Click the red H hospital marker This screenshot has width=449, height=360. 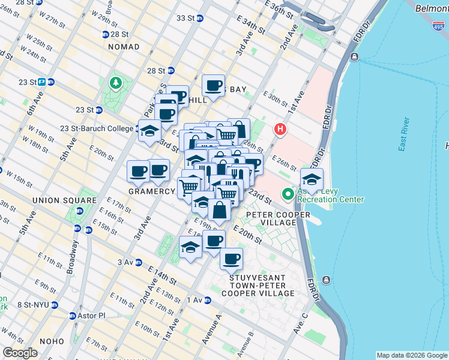coord(279,129)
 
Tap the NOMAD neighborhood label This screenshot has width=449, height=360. coord(123,47)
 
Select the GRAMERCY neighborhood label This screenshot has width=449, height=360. coord(151,191)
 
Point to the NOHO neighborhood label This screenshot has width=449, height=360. coord(56,341)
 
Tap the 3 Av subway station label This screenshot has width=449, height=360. coord(125,262)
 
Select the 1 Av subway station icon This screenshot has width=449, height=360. coord(208,299)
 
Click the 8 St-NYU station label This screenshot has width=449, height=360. coord(32,305)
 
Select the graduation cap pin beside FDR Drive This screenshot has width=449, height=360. coord(312,179)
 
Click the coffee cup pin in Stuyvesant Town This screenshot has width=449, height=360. coord(231,259)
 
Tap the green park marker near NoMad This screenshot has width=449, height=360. coord(113,82)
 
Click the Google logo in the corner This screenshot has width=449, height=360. coord(20,353)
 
